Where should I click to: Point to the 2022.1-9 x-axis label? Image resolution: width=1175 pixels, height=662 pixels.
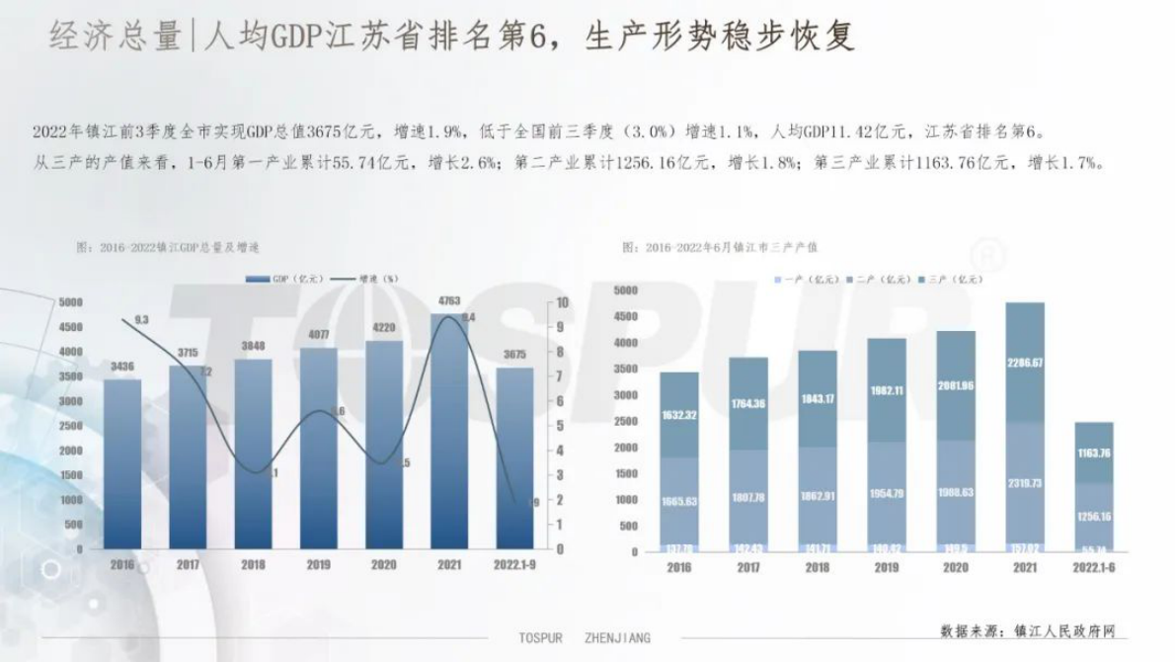pyautogui.click(x=514, y=564)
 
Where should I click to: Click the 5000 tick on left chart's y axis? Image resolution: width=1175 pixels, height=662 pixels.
pyautogui.click(x=70, y=302)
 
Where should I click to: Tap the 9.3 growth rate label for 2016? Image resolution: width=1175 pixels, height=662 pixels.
pyautogui.click(x=141, y=320)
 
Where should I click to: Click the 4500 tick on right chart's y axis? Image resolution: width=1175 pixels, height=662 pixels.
pyautogui.click(x=626, y=316)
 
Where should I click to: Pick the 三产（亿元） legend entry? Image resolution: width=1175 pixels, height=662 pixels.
pyautogui.click(x=955, y=280)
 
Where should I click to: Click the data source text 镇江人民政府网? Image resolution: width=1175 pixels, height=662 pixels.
pyautogui.click(x=1027, y=630)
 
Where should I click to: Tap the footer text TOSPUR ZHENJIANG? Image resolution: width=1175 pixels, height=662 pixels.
pyautogui.click(x=585, y=638)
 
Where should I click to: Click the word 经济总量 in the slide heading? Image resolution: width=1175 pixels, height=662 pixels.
pyautogui.click(x=113, y=37)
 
